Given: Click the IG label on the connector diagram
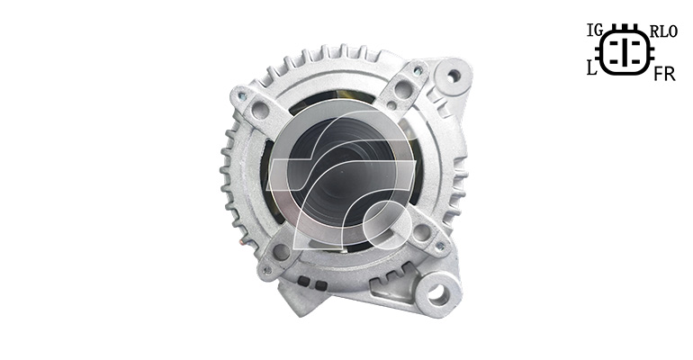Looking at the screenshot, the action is point(595,31).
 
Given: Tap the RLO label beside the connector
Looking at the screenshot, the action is point(664,31).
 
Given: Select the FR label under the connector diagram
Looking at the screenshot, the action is point(664,75).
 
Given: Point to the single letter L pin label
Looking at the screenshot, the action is point(592,68).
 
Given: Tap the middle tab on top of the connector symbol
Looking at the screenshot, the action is point(625,26).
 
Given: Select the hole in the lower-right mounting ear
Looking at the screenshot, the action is point(438,292).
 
